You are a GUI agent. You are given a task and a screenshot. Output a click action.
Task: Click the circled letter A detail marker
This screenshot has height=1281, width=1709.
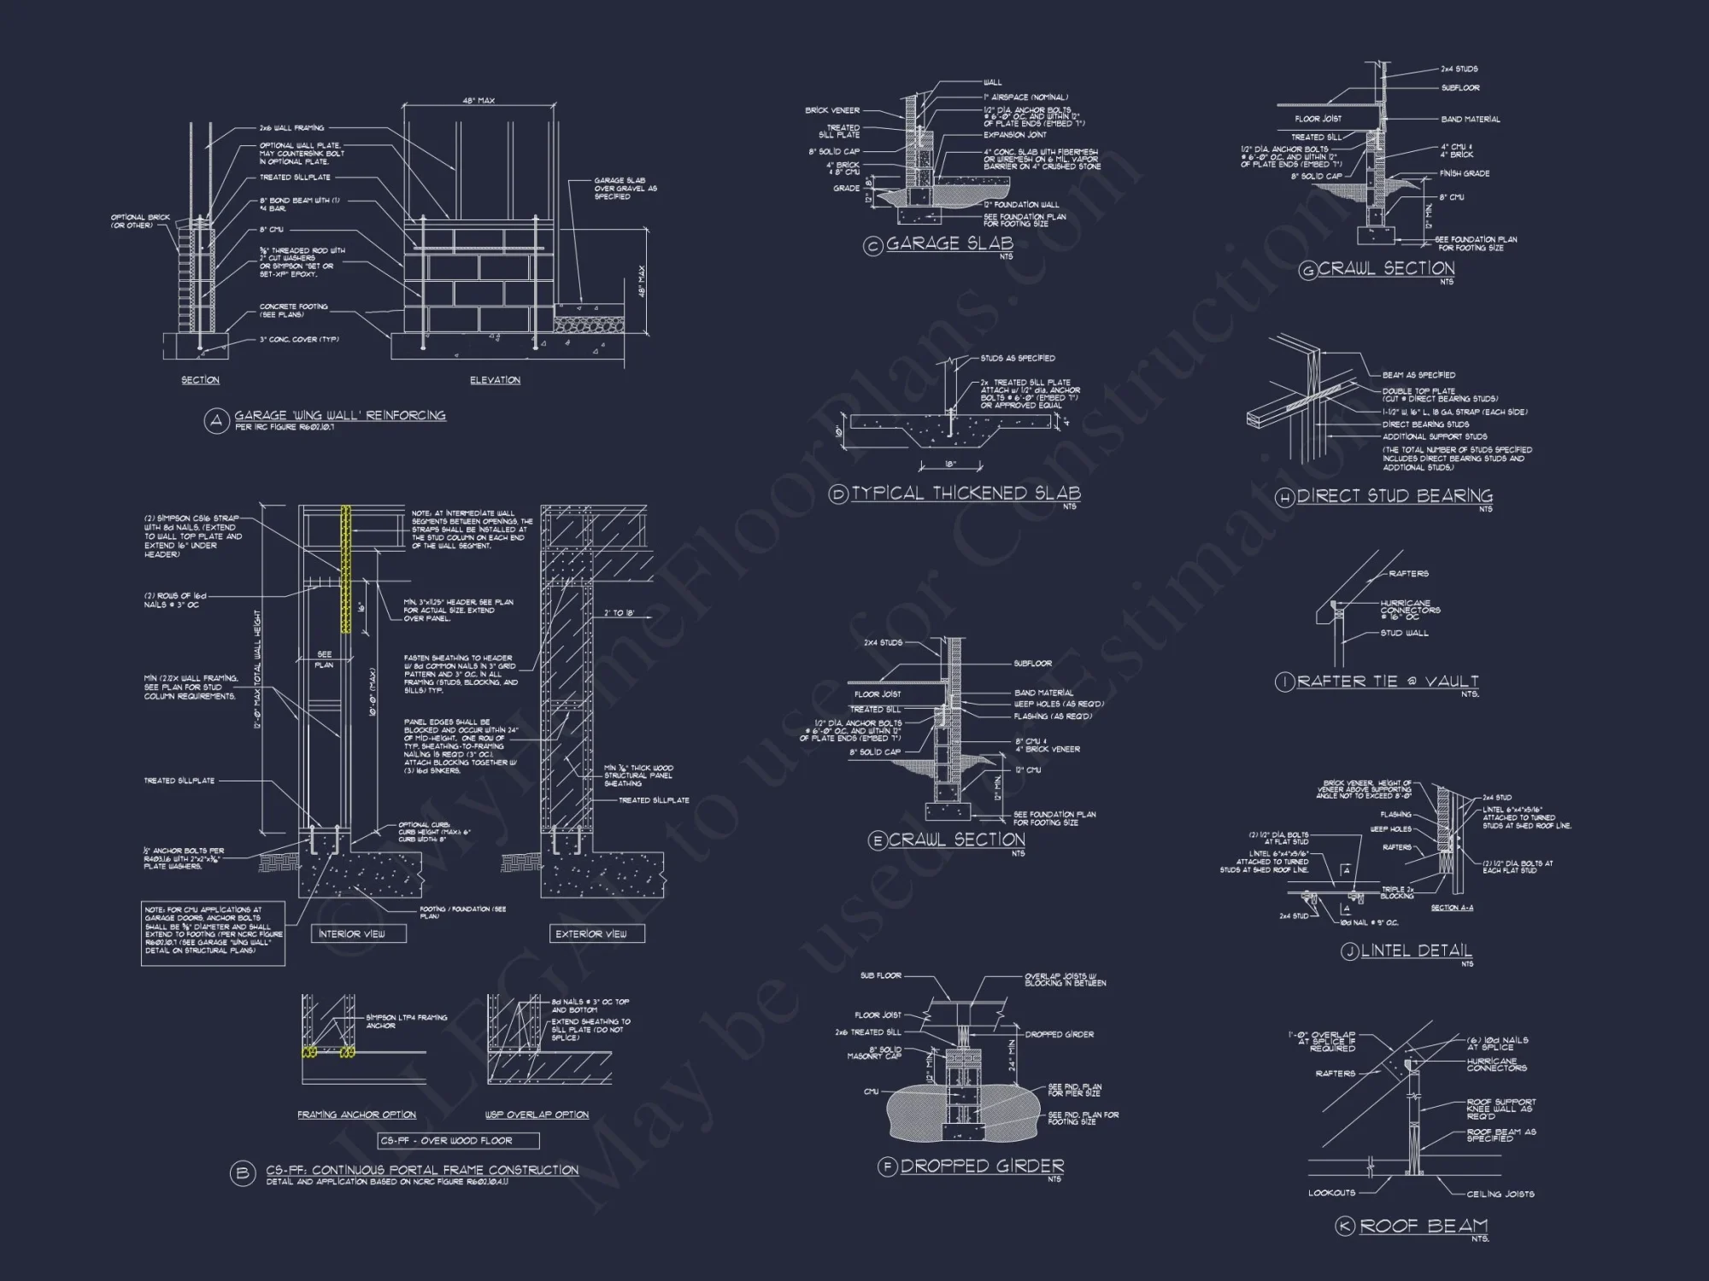tap(216, 421)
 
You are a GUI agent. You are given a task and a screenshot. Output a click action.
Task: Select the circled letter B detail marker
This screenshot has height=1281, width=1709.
tap(243, 1174)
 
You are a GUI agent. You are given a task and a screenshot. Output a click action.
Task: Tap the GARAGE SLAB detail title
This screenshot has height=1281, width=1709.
tap(948, 244)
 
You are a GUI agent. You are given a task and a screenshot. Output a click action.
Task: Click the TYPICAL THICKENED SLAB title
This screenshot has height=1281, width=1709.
tap(966, 494)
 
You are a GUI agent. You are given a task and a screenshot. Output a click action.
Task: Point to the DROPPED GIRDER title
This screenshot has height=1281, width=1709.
tap(982, 1167)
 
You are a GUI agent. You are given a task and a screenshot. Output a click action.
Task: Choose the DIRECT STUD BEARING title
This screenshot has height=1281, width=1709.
tap(1395, 496)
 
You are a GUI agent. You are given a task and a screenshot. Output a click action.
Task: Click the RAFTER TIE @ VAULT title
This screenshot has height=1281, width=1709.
tap(1388, 681)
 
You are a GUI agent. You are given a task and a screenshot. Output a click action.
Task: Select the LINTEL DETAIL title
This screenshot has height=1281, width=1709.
tap(1416, 951)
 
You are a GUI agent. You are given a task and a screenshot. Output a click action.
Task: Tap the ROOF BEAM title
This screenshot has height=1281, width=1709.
tap(1424, 1226)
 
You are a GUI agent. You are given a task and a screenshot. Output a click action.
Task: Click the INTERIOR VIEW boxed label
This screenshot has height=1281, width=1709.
tap(351, 934)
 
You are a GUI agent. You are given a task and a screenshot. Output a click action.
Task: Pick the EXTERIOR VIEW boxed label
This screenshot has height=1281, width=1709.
tap(591, 934)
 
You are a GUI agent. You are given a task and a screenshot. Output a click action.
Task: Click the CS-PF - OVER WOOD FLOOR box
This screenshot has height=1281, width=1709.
tap(459, 1141)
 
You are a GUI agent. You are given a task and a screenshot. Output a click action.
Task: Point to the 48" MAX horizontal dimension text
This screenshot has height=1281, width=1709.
tap(479, 101)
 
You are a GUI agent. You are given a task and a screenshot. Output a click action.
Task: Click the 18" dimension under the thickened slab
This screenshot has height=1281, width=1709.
tap(950, 465)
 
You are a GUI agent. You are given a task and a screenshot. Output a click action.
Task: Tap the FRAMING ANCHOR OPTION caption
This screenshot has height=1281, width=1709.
tap(356, 1115)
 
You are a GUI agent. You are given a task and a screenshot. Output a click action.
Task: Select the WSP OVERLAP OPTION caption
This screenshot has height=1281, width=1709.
tap(537, 1115)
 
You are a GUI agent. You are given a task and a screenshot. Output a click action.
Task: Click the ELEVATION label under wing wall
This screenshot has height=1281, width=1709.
tap(495, 380)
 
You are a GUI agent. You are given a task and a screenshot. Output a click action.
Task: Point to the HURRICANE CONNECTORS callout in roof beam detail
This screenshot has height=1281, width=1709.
tap(1496, 1065)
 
